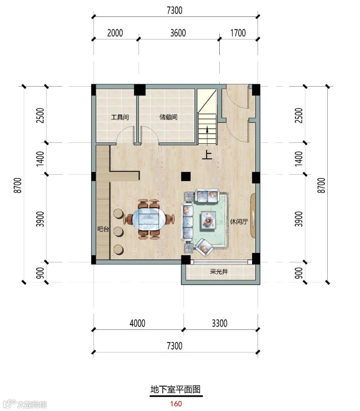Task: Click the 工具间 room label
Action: coord(120,117)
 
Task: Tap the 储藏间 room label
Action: coord(168,117)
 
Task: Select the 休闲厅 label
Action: coord(239,222)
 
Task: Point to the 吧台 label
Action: coord(103,229)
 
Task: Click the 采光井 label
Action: coord(219,272)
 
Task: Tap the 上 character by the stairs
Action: coord(207,155)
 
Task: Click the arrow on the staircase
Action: coord(207,136)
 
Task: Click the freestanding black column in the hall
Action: coord(186,176)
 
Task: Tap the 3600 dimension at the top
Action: coord(178,33)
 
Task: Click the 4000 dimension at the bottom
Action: coord(137,323)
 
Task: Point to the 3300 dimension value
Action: coord(220,323)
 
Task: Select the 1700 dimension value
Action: coord(238,33)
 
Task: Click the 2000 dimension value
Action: coord(115,33)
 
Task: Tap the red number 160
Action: coord(176,404)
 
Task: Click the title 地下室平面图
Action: coord(176,389)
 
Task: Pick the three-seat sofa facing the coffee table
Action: coord(187,222)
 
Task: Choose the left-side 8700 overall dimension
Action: coord(18,185)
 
